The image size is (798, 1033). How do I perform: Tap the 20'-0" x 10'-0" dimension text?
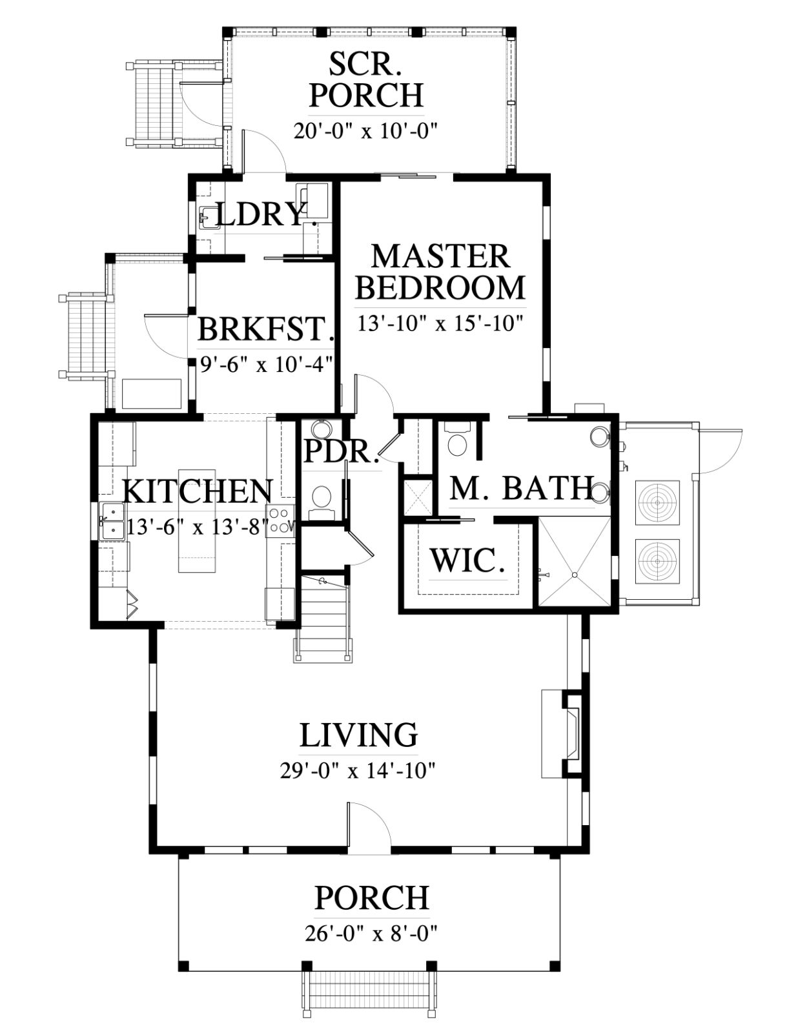pyautogui.click(x=365, y=130)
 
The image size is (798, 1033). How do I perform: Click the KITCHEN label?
pyautogui.click(x=198, y=491)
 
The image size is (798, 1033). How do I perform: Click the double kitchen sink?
pyautogui.click(x=112, y=522)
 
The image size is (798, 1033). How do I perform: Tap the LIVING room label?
pyautogui.click(x=358, y=735)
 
